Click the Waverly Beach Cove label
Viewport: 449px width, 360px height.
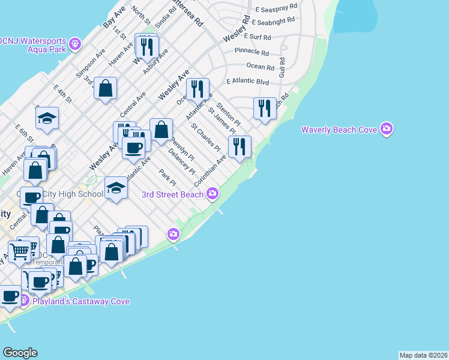[339, 129]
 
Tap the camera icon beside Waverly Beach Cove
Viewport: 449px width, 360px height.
[387, 128]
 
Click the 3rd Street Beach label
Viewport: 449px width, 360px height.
[172, 194]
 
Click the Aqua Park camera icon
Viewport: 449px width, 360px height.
[74, 43]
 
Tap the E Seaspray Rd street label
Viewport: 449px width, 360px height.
[276, 9]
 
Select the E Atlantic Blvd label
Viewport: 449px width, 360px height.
[247, 81]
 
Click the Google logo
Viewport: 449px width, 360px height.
[20, 353]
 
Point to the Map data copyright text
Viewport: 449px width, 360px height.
[423, 355]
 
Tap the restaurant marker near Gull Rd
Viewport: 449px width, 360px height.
[265, 109]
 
